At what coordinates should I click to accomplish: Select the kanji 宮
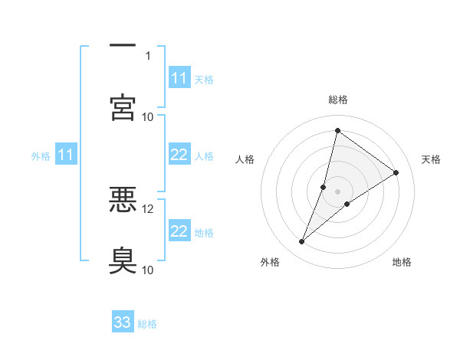click(123, 106)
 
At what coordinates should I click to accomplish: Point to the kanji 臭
click(123, 260)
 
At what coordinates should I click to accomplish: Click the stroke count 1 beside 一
click(148, 56)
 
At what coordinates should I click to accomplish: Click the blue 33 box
click(123, 322)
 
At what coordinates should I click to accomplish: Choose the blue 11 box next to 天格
click(179, 78)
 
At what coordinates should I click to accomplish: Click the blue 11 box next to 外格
click(66, 155)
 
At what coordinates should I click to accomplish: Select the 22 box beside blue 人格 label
click(179, 155)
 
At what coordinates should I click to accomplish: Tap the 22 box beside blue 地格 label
click(179, 231)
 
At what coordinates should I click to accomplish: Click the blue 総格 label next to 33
click(147, 324)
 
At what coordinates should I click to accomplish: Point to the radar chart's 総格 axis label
click(337, 100)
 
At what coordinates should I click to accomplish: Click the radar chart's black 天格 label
click(431, 159)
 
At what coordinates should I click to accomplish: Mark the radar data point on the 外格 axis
click(302, 242)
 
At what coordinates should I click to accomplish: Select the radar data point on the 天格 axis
click(396, 173)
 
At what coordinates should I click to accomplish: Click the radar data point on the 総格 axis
click(337, 130)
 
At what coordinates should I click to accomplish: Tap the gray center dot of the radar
click(337, 191)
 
